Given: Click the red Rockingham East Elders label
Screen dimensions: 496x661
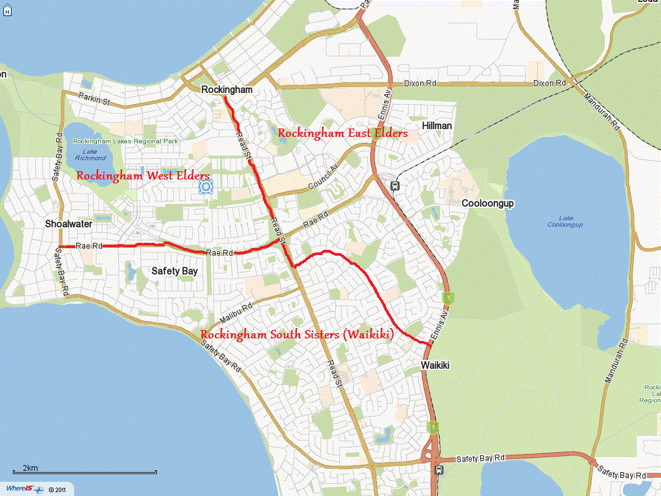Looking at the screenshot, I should pos(343,133).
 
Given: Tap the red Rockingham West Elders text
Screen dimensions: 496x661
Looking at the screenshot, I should pos(143,176).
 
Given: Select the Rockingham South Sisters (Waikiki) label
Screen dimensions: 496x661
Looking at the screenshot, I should pos(298,335).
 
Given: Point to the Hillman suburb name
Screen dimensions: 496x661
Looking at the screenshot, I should pos(436,125).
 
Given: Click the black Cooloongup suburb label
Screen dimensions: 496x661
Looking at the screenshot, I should pos(487,203).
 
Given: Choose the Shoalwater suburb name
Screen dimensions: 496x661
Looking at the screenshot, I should pos(68,224).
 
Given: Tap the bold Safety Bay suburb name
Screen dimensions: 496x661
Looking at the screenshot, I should pos(174,271).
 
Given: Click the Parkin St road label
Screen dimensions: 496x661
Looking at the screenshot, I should pos(95,97).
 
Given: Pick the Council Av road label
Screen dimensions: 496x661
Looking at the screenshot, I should pos(322,176).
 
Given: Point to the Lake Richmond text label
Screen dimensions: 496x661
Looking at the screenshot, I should pos(90,154).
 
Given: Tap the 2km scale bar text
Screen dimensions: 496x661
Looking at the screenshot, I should pos(30,468).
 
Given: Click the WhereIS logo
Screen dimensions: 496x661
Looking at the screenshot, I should pos(21,489).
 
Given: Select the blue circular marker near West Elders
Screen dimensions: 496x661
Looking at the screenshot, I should pos(206,187).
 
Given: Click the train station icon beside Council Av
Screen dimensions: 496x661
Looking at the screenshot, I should pos(394,186).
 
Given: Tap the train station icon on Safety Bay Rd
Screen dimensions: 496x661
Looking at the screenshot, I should pos(439,470).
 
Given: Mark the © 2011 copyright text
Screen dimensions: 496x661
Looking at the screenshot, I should pos(58,490).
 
